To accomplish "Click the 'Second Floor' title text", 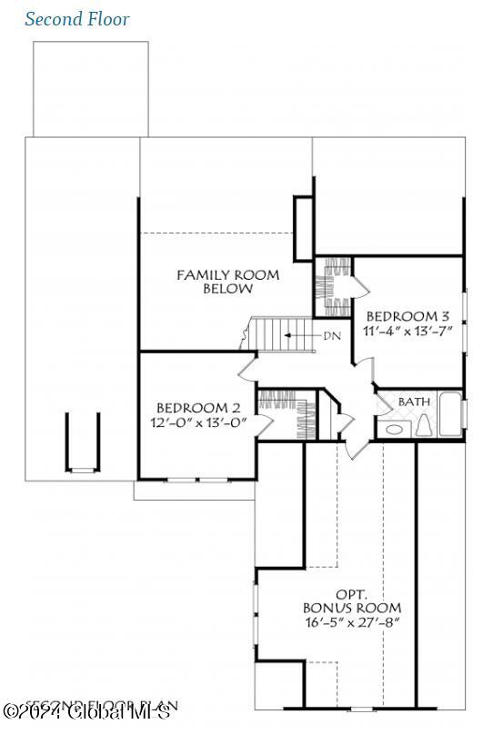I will (x=77, y=19).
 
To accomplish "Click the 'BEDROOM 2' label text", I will (x=197, y=408).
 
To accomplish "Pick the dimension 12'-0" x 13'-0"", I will (x=198, y=422).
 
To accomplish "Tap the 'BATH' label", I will (x=414, y=401).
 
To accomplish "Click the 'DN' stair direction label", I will (x=331, y=335).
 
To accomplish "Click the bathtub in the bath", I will (x=450, y=414).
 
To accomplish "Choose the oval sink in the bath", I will (x=395, y=429).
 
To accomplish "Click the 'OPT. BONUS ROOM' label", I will (x=351, y=600).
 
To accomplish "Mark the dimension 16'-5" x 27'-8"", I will (x=351, y=623).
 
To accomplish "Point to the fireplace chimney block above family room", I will (x=303, y=217).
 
